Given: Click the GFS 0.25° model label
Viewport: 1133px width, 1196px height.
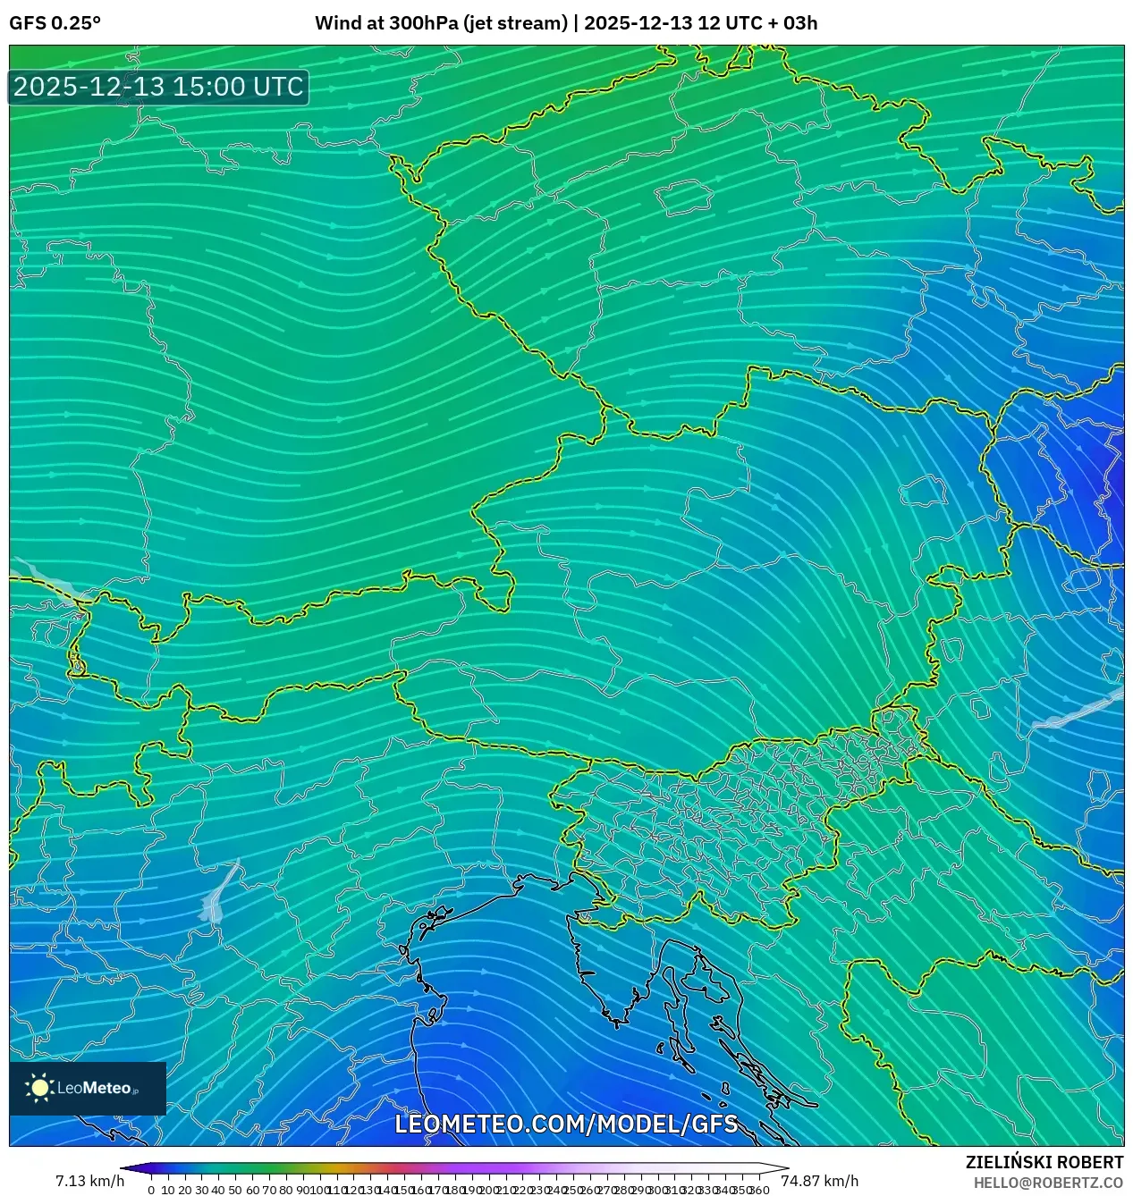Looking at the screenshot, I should pos(55,23).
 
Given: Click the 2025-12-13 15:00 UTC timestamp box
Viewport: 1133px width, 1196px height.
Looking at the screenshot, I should pos(158,87).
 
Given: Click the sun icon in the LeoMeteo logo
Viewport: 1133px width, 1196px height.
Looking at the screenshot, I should pos(40,1088).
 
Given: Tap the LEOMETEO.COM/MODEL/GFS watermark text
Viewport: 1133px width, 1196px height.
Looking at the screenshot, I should pos(566,1124).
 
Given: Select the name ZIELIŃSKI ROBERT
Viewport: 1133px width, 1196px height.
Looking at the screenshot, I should pos(1044,1162).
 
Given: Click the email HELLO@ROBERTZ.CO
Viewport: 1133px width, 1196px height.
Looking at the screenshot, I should pos(1048,1183).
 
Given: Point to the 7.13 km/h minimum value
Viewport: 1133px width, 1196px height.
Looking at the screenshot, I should pos(89,1181).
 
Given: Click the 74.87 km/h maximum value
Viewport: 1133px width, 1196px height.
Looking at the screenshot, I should pos(819,1181).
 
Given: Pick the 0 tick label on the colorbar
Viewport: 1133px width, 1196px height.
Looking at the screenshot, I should pos(151,1190).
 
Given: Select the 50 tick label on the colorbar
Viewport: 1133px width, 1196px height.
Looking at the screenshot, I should pos(235,1190).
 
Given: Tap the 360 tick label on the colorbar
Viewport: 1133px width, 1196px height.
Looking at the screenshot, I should pos(759,1190).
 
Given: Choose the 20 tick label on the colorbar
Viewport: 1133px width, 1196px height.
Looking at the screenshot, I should pos(185,1190).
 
